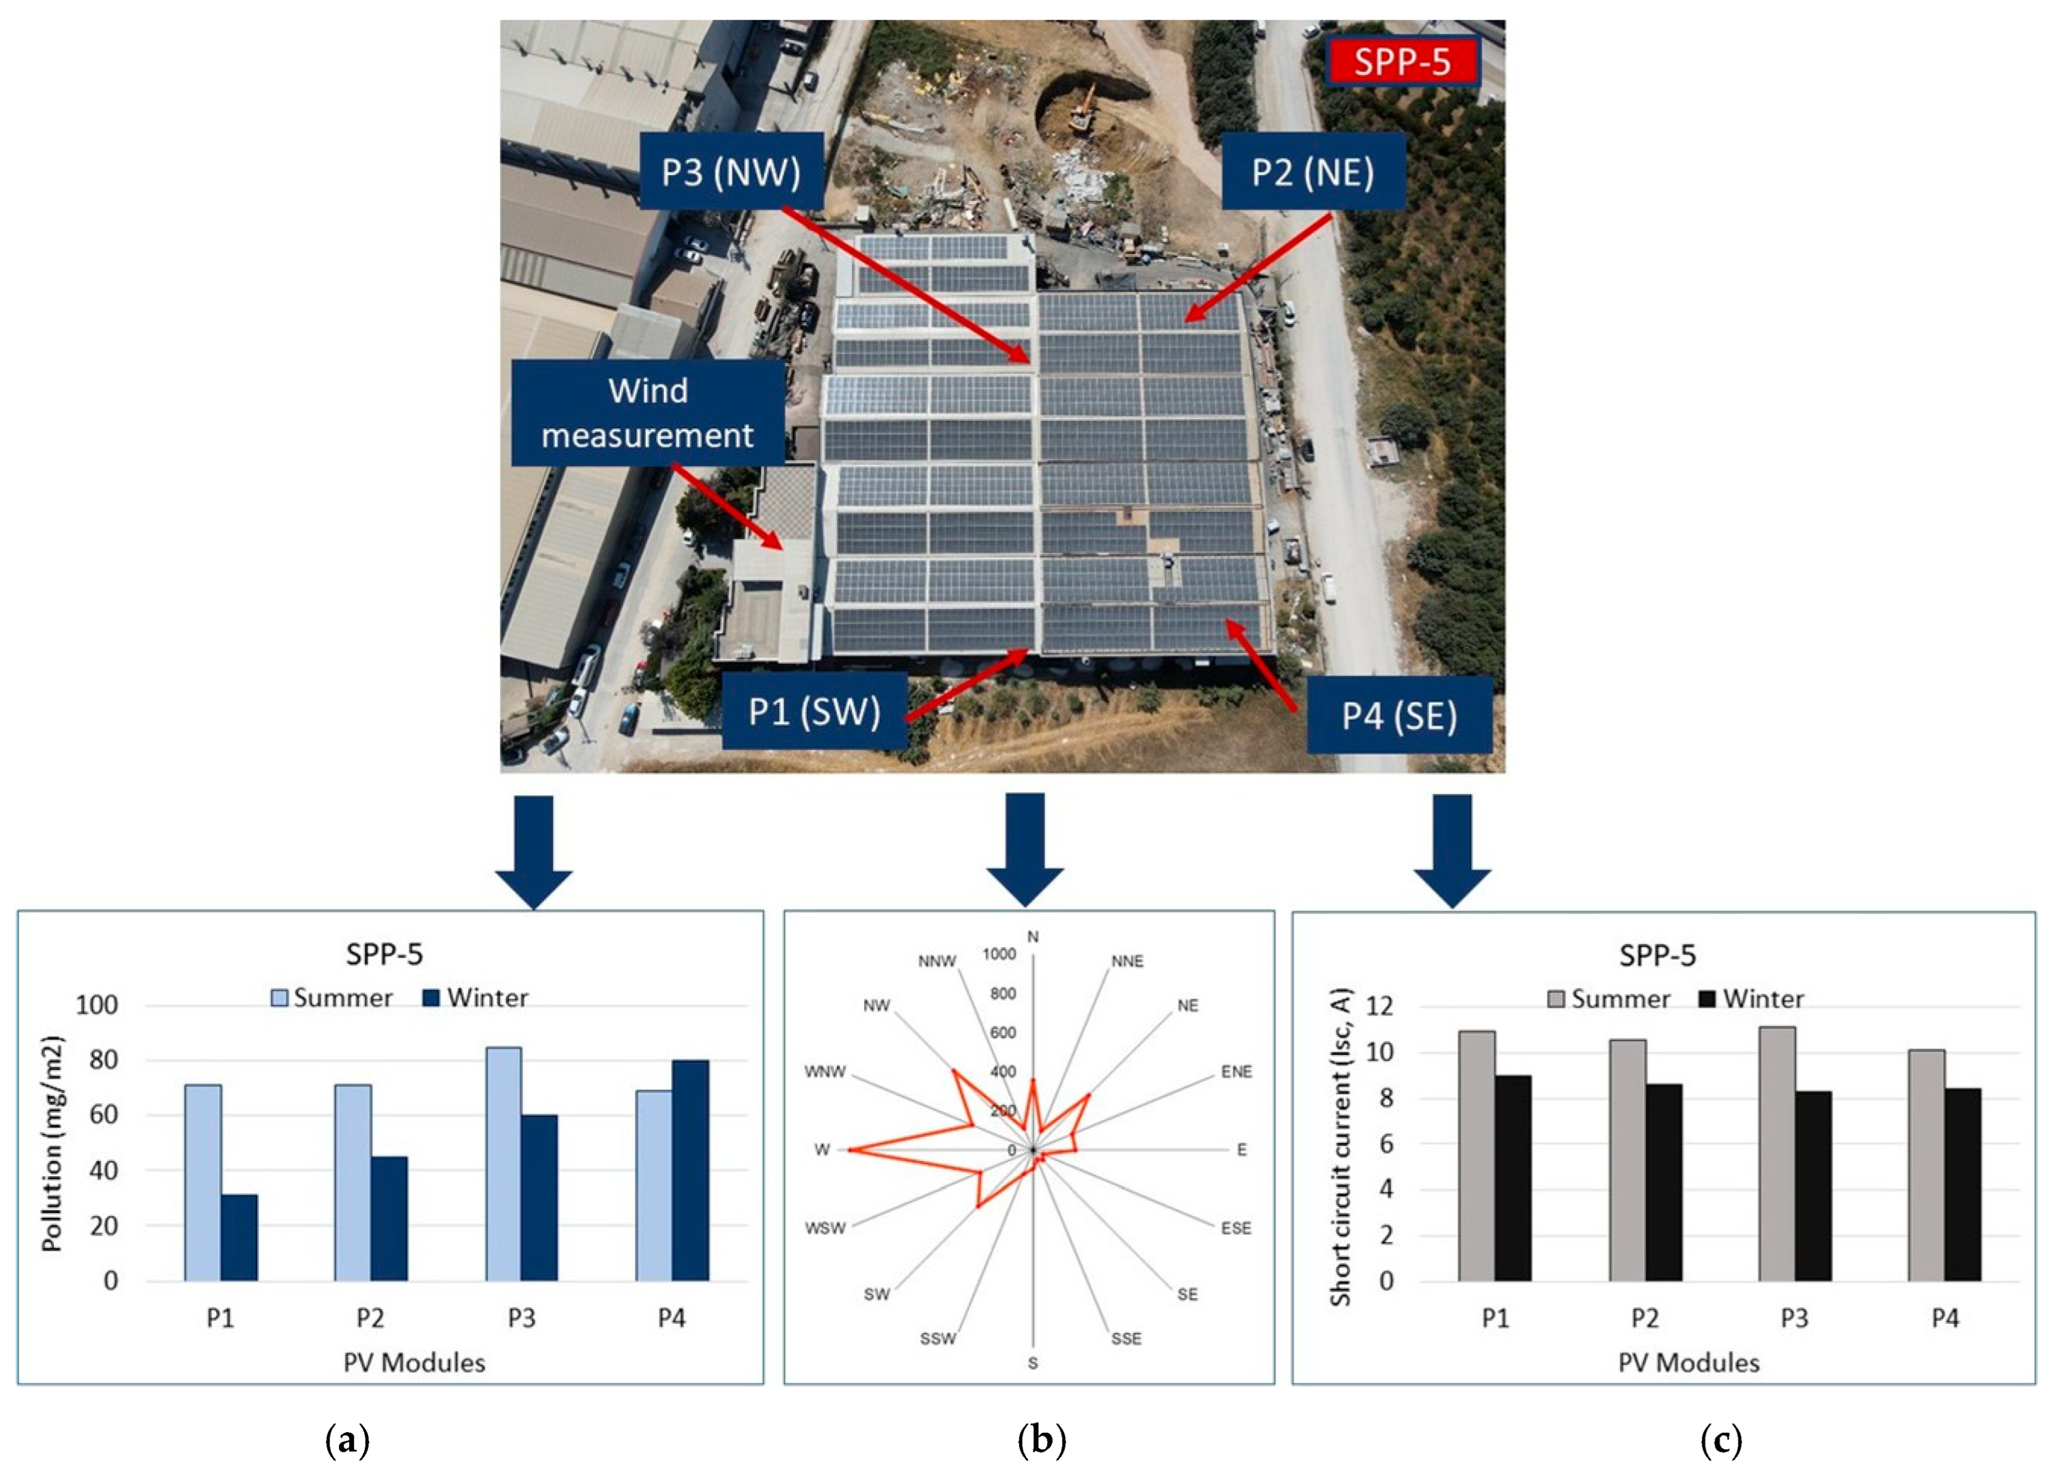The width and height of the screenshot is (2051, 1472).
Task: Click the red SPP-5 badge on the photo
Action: [1402, 62]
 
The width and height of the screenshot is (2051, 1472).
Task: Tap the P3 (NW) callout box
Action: [731, 172]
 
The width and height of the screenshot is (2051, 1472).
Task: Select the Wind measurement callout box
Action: [648, 413]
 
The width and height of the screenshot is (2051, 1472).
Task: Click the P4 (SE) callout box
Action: [1399, 715]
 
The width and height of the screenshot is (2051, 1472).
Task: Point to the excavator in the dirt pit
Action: [1082, 111]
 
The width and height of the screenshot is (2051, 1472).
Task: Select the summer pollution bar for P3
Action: [503, 1164]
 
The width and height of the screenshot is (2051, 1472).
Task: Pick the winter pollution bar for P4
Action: [690, 1170]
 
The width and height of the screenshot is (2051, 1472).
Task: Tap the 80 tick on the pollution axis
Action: [104, 1060]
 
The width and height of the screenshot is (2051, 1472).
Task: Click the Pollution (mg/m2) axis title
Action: [52, 1143]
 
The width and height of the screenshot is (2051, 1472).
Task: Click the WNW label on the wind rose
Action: [825, 1071]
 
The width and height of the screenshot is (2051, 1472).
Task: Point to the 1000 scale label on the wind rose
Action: [999, 954]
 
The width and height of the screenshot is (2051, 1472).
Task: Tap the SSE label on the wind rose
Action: [1126, 1338]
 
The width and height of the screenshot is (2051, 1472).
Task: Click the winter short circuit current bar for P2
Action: [1663, 1182]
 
